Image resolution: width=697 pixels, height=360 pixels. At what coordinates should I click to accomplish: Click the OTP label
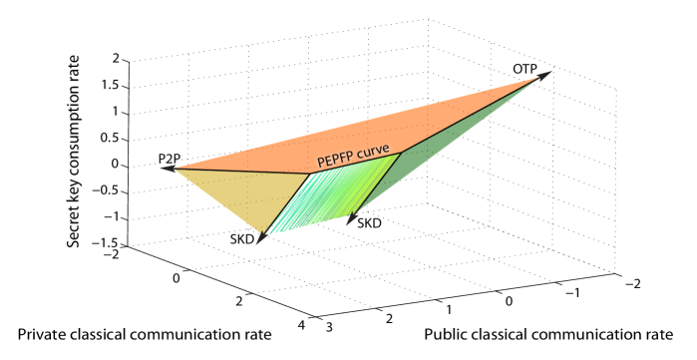pos(524,69)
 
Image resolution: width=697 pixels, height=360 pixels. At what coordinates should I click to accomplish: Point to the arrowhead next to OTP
pos(545,74)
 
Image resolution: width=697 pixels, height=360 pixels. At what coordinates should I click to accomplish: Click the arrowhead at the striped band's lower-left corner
pos(259,241)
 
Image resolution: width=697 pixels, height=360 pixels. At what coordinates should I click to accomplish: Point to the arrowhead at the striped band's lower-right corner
pos(350,220)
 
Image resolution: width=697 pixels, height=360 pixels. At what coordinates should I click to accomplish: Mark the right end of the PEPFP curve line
pos(401,154)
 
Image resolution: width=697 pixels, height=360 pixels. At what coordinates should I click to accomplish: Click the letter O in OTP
pos(517,69)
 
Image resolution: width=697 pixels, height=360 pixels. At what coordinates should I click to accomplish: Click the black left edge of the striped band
pos(285,206)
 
